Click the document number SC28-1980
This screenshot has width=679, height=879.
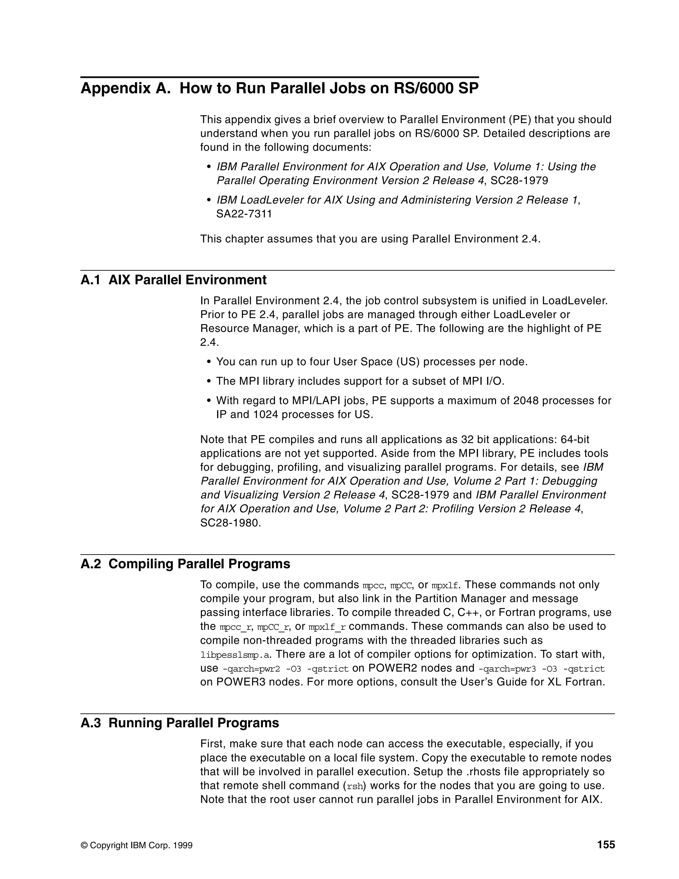(230, 523)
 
